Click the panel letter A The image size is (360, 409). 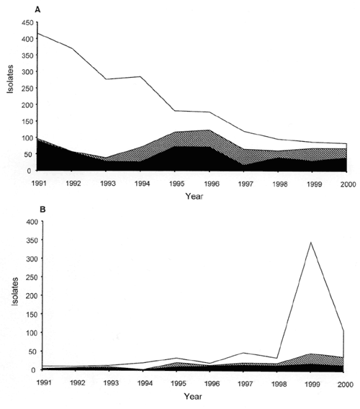pyautogui.click(x=38, y=10)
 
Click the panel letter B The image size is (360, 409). pyautogui.click(x=42, y=210)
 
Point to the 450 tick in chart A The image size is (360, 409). pyautogui.click(x=28, y=23)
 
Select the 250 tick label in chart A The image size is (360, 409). pyautogui.click(x=28, y=88)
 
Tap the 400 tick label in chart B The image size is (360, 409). pyautogui.click(x=32, y=222)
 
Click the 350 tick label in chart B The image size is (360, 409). pyautogui.click(x=32, y=240)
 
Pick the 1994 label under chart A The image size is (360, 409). pyautogui.click(x=142, y=184)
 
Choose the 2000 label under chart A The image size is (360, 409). pyautogui.click(x=348, y=184)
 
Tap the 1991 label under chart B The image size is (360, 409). pyautogui.click(x=44, y=382)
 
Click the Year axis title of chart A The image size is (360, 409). pyautogui.click(x=194, y=196)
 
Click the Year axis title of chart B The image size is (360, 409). pyautogui.click(x=193, y=397)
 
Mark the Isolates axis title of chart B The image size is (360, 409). pyautogui.click(x=15, y=292)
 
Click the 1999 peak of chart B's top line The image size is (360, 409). pyautogui.click(x=310, y=243)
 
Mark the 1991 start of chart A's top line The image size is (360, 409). pyautogui.click(x=38, y=33)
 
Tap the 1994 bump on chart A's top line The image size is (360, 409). pyautogui.click(x=140, y=76)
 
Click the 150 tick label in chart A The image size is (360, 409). pyautogui.click(x=28, y=121)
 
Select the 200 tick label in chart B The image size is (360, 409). pyautogui.click(x=32, y=295)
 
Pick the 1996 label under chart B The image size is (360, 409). pyautogui.click(x=212, y=384)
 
